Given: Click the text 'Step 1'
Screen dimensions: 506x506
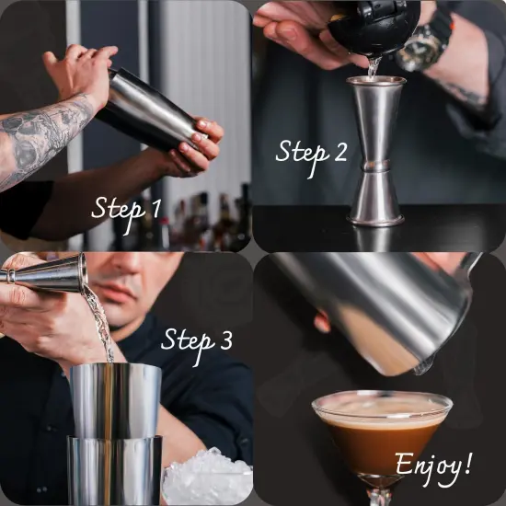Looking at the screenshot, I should (126, 208).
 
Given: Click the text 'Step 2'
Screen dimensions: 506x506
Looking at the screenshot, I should (312, 152).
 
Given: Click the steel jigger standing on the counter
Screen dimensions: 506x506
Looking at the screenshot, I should (376, 152).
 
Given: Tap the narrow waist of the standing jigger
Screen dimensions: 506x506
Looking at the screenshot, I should (376, 167).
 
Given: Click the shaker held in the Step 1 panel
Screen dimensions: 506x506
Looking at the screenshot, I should (147, 108).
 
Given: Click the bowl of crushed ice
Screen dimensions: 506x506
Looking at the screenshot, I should (207, 478).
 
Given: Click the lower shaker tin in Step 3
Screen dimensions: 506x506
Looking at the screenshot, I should (115, 469).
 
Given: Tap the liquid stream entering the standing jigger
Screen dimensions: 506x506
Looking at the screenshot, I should (373, 67).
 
